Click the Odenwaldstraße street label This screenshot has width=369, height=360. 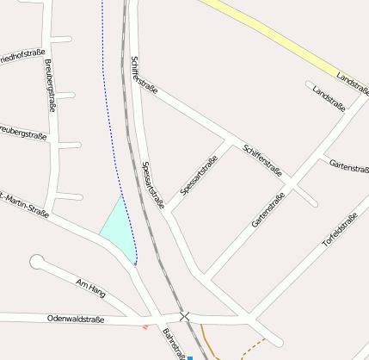pyautogui.click(x=76, y=319)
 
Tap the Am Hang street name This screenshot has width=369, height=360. pyautogui.click(x=90, y=288)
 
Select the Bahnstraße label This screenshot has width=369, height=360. pyautogui.click(x=175, y=342)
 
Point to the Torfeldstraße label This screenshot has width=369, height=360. pyautogui.click(x=340, y=230)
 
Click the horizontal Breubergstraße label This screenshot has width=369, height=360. pyautogui.click(x=22, y=133)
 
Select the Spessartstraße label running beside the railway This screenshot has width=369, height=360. pyautogui.click(x=151, y=185)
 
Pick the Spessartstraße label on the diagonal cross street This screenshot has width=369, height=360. pyautogui.click(x=200, y=174)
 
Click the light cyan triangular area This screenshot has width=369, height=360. pyautogui.click(x=120, y=231)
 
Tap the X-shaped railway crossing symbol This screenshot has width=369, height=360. pyautogui.click(x=184, y=317)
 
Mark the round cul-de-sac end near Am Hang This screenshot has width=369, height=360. pyautogui.click(x=37, y=261)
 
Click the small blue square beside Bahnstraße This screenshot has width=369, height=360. pyautogui.click(x=190, y=357)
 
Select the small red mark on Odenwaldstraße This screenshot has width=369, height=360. pyautogui.click(x=145, y=326)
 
